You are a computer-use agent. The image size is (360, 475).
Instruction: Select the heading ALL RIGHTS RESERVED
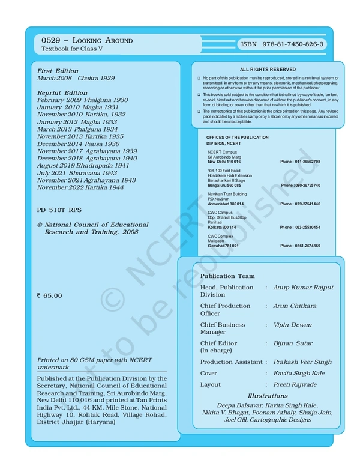point(268,70)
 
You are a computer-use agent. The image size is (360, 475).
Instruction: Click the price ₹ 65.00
point(49,295)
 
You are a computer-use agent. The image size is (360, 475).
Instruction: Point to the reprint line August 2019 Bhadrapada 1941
point(83,165)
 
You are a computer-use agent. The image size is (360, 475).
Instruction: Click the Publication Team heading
point(227,276)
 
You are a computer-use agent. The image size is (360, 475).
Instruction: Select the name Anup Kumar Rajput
point(303,288)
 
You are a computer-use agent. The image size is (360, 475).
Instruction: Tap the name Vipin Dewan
point(292,325)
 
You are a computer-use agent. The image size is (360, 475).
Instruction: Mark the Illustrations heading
point(268,396)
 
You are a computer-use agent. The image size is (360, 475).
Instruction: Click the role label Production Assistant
point(232,362)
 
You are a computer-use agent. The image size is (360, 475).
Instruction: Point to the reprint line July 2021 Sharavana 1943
point(77,172)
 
